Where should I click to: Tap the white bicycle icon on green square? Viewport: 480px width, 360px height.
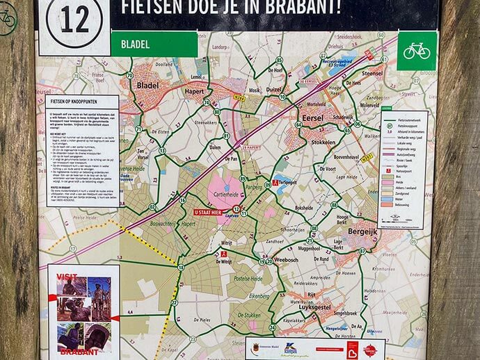[x=417, y=51]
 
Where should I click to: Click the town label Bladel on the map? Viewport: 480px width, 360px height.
[x=148, y=85]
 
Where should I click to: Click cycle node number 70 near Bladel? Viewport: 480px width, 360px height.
[x=129, y=76]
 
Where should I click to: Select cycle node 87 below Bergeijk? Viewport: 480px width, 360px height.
[x=362, y=251]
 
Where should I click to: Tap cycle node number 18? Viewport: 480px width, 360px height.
[x=181, y=268]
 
